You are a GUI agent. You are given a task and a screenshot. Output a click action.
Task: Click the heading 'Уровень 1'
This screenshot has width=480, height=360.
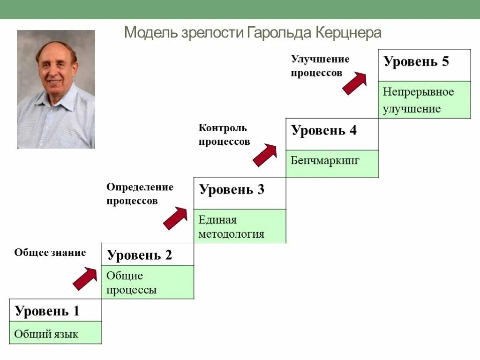pos(47,311)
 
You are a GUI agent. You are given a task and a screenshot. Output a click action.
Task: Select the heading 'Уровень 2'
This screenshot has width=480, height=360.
pos(140,255)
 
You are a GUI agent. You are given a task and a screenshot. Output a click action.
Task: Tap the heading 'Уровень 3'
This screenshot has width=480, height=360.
pos(232,190)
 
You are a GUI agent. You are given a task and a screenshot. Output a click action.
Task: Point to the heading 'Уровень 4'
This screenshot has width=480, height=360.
pos(324,131)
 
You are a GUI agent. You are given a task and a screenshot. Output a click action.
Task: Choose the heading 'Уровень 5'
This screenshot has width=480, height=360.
pos(416,62)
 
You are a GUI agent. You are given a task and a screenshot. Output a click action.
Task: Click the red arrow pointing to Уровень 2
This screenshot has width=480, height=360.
pos(85,278)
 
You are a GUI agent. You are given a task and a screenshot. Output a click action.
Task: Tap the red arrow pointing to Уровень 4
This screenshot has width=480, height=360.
pos(265,155)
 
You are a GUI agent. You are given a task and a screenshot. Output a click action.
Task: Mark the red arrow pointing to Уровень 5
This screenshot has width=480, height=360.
pos(354,83)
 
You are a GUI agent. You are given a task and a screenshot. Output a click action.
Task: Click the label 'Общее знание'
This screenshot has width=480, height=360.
pos(50,253)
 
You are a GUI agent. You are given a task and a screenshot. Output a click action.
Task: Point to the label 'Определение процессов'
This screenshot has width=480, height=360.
pos(140,194)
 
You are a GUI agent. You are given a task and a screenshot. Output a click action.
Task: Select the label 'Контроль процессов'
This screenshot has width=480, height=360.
pos(224,135)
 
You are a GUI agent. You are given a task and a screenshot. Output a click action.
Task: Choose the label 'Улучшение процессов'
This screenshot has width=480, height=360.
pos(320,66)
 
